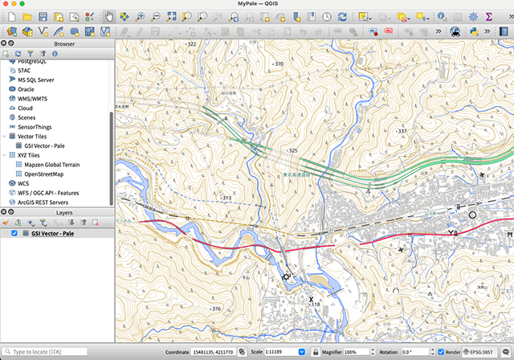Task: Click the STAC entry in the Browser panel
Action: pos(24,71)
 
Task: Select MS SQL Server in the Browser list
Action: pos(35,80)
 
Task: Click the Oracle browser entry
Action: pos(26,89)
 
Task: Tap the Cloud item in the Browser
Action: pos(25,108)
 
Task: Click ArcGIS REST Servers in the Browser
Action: pos(44,202)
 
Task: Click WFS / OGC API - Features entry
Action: pos(49,192)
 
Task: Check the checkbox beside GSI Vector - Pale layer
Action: pos(14,233)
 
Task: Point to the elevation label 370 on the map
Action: pos(279,63)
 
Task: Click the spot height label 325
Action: pos(292,150)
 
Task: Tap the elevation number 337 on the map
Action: pos(402,131)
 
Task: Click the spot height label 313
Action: pos(226,198)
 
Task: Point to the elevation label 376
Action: pos(215,309)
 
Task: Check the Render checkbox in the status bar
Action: pos(442,352)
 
